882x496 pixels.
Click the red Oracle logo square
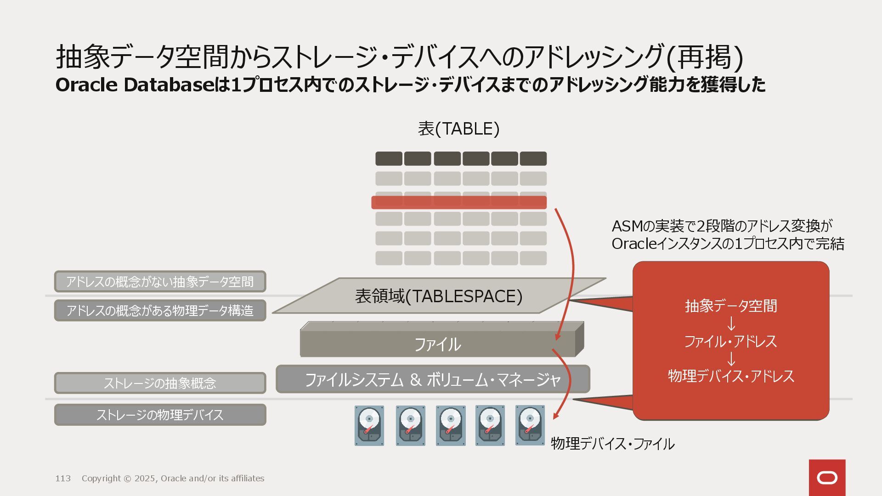point(827,478)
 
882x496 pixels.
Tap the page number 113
point(63,479)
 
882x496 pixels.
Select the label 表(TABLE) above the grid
point(458,129)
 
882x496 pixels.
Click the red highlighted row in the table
point(458,202)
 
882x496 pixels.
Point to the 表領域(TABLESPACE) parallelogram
point(438,296)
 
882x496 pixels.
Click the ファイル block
point(437,344)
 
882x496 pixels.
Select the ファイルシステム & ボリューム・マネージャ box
point(432,379)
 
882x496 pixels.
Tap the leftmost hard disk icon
point(369,425)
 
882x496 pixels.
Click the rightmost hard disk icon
point(530,425)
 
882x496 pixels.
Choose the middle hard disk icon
point(450,425)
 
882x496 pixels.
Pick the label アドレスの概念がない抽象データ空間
point(160,282)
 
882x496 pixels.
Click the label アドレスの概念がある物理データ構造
point(160,310)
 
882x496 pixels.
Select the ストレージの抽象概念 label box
point(160,383)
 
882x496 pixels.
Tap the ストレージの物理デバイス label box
point(160,415)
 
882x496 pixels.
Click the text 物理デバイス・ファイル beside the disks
point(612,444)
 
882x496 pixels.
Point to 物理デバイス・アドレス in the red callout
point(731,376)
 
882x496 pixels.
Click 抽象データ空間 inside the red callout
point(731,306)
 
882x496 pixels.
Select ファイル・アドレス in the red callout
point(731,341)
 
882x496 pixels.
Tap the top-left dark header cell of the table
point(389,158)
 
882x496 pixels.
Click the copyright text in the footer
point(173,479)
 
